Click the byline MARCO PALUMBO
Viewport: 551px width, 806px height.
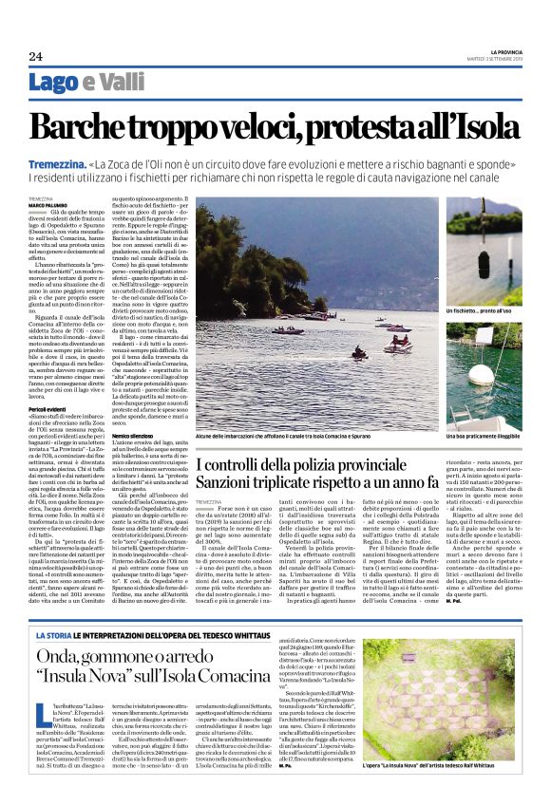pyautogui.click(x=47, y=205)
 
